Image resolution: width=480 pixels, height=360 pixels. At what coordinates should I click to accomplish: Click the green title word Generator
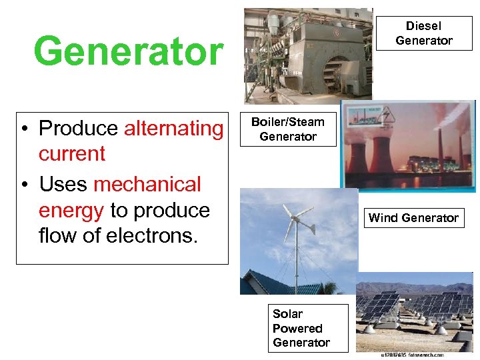(x=129, y=51)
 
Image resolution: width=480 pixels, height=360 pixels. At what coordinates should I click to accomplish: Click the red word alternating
(x=174, y=127)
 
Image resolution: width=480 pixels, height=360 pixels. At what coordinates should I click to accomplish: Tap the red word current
(x=72, y=153)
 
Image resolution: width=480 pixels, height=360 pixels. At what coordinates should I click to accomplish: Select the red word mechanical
(x=147, y=183)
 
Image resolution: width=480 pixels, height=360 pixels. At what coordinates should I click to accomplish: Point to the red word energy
(x=71, y=210)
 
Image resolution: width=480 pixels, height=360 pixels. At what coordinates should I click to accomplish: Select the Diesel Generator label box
(x=424, y=33)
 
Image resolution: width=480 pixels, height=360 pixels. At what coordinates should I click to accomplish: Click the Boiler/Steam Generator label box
(x=288, y=129)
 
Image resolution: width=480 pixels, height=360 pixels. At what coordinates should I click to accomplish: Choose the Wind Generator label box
(x=413, y=217)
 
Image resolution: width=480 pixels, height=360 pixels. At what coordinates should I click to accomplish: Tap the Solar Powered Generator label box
(x=301, y=328)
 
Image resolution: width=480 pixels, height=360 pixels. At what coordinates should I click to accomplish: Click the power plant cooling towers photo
(x=408, y=147)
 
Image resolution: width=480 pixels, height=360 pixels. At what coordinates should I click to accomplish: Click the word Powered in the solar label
(x=297, y=328)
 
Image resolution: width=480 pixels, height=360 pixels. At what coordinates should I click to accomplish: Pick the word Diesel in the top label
(x=424, y=26)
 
